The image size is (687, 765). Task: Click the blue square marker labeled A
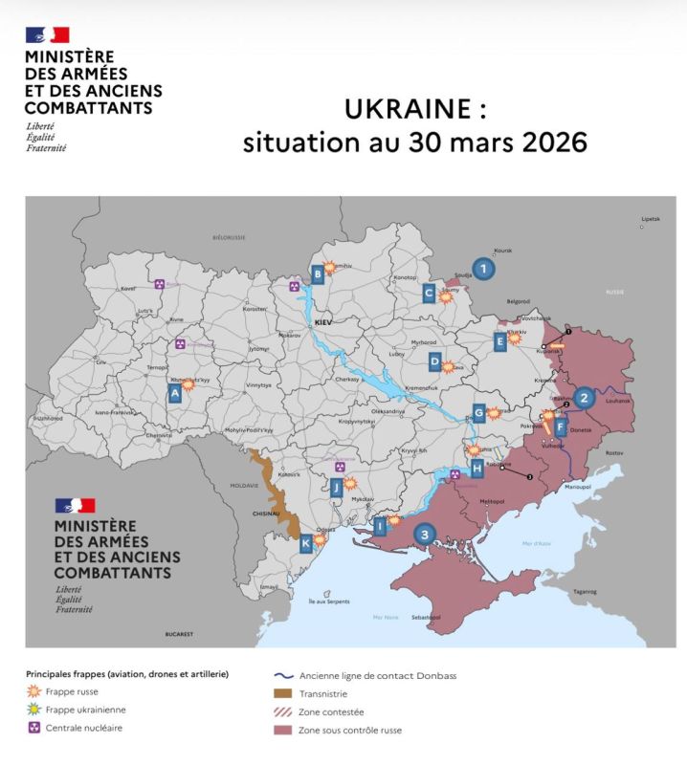175,392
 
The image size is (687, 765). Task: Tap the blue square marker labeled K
306,544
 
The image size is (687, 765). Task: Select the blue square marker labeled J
336,489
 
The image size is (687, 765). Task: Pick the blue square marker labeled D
434,361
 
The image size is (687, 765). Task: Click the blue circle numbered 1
484,270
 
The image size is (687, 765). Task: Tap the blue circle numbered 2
585,399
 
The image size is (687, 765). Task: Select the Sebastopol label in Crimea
426,618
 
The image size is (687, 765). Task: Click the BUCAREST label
178,634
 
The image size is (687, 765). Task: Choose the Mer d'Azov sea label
537,543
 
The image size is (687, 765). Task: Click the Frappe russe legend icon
33,691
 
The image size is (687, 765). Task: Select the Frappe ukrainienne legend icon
33,710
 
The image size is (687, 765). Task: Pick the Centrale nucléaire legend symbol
33,728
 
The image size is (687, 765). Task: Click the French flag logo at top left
47,35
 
